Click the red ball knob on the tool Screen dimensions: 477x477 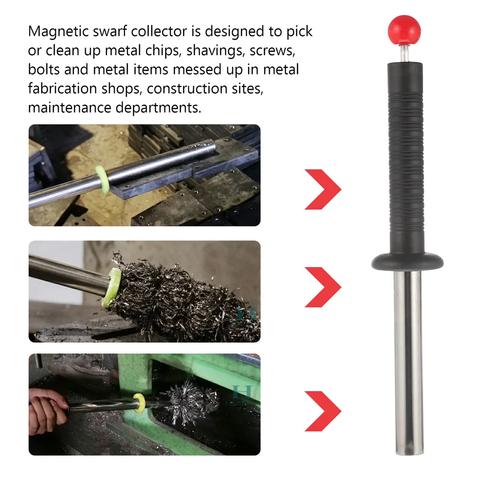point(405,30)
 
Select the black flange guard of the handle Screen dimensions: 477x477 point(407,261)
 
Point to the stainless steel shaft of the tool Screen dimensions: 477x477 point(408,363)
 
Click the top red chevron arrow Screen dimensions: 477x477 point(323,189)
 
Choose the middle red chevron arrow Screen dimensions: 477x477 point(323,287)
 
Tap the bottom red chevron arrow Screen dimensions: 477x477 point(323,411)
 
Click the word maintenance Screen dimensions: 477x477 point(70,107)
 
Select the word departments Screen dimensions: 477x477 point(158,108)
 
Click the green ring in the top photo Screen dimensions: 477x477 point(102,179)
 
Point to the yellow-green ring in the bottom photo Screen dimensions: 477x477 point(139,403)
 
